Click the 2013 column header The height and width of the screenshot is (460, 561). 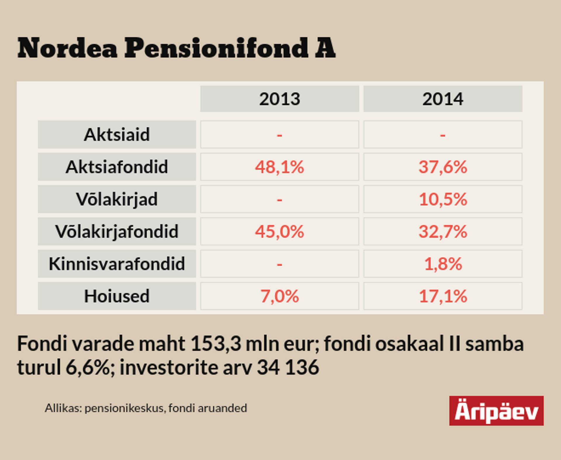click(280, 99)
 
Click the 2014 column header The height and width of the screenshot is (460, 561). click(443, 99)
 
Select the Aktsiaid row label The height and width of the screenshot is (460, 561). click(117, 134)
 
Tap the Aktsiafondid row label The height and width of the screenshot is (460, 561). click(117, 167)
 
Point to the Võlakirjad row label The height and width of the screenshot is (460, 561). click(117, 199)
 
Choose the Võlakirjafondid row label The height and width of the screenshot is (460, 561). click(117, 231)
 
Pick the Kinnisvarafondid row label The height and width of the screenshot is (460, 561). click(117, 264)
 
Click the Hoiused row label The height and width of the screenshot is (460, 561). click(117, 296)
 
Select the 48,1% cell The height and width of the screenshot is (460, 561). click(280, 167)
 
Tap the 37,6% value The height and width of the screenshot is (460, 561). click(443, 167)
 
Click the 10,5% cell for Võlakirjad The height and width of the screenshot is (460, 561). click(443, 199)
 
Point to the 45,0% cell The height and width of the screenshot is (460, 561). click(280, 231)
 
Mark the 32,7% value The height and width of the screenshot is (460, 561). click(443, 231)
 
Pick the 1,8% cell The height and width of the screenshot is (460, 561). click(443, 264)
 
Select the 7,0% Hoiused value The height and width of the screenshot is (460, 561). click(280, 296)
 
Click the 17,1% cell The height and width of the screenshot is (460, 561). click(443, 296)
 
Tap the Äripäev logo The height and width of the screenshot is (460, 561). click(496, 411)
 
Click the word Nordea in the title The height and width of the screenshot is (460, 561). click(67, 48)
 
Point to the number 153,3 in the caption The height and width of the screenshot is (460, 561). click(216, 344)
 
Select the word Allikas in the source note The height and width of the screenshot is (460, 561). click(63, 408)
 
